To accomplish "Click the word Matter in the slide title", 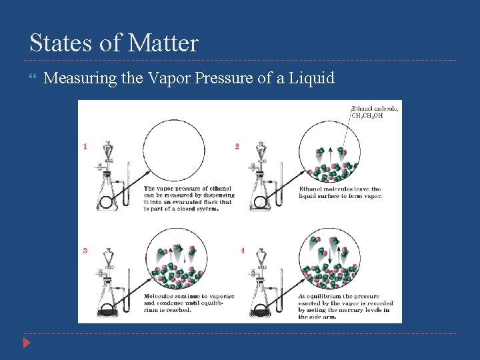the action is [x=163, y=43].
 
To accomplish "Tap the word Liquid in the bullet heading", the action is [x=310, y=79].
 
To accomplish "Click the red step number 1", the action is [x=85, y=146].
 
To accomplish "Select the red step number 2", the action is [x=237, y=146].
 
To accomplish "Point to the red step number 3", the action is [x=85, y=251].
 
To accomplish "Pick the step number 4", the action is [x=242, y=251].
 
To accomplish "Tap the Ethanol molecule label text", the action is [x=375, y=108].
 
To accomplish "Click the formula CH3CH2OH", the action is [x=367, y=115].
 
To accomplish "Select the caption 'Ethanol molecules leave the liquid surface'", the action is [x=340, y=193].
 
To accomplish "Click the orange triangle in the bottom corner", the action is [x=26, y=344].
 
